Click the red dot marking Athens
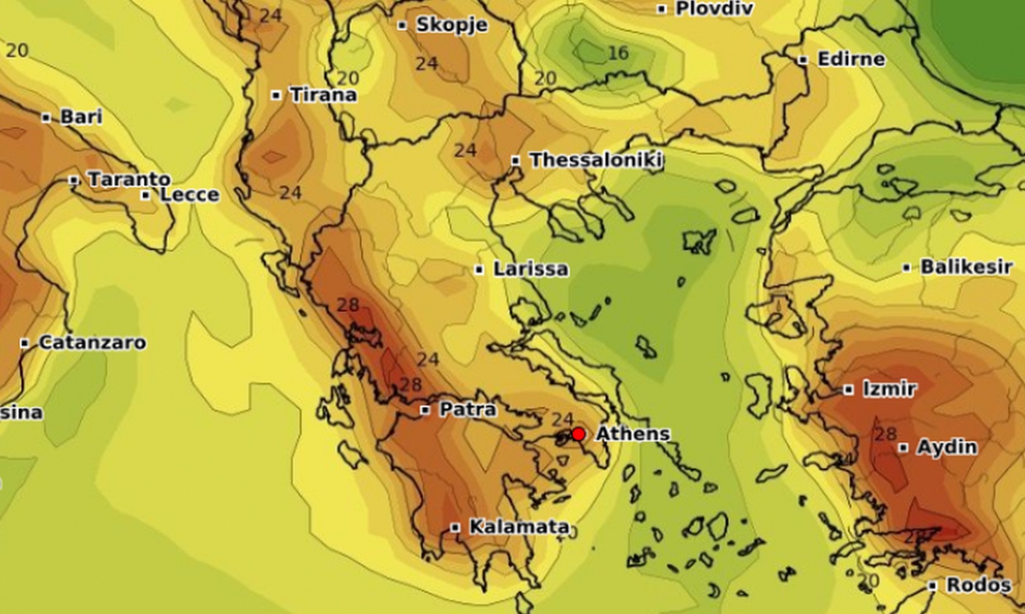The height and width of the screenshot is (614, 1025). point(578,434)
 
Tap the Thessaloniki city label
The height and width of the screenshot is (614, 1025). point(596,160)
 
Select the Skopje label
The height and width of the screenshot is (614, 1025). point(452,25)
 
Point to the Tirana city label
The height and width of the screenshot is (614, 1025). point(323,94)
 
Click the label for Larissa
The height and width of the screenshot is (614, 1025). point(530,269)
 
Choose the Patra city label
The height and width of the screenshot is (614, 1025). point(467,409)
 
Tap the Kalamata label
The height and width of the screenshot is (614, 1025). point(519,526)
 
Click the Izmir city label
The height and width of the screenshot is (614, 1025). point(889,389)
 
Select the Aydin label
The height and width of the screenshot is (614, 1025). point(946,447)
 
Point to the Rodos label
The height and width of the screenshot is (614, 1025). point(979,585)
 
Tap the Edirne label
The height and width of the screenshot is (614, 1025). point(850,60)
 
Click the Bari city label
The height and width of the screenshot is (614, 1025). point(81,117)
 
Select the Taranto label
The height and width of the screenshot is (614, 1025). point(129,179)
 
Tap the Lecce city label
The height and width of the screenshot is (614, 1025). point(189,195)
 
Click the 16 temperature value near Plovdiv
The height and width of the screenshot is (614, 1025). point(618,54)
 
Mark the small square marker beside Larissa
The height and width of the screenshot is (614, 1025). point(479,270)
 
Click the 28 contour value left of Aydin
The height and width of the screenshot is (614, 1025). point(885,434)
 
